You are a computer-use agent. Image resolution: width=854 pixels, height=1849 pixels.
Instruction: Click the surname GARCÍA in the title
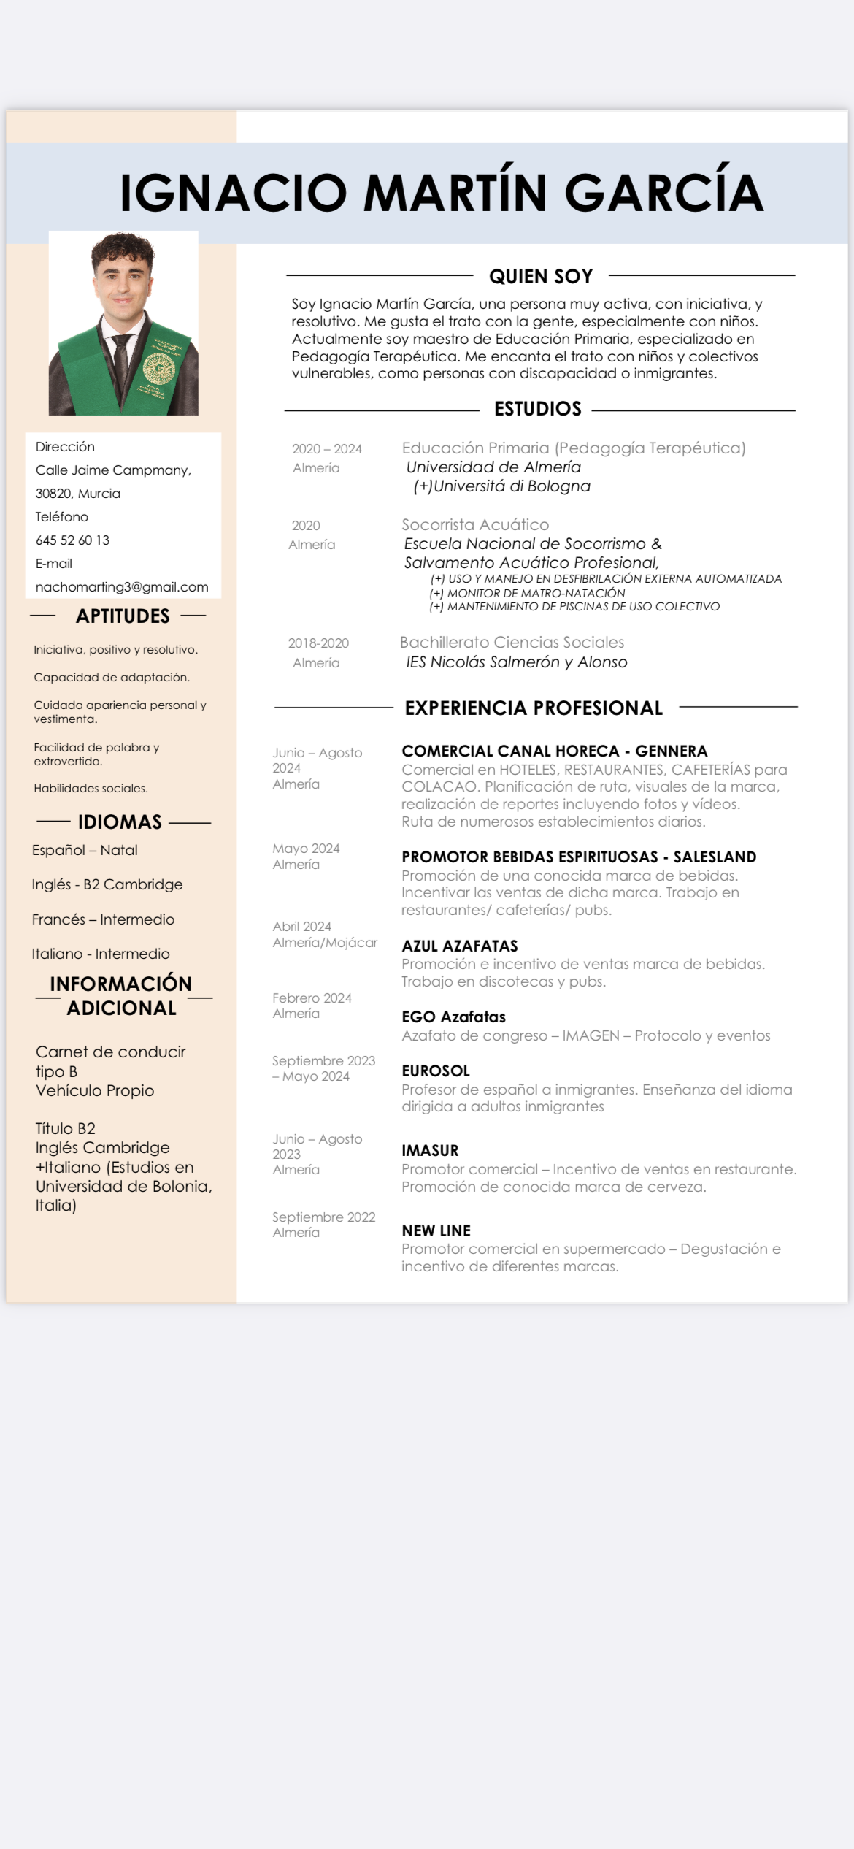(x=663, y=193)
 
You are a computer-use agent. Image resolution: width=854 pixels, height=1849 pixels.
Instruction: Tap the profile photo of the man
(x=123, y=323)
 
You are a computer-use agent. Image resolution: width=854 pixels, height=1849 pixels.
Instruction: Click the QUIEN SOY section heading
(x=541, y=277)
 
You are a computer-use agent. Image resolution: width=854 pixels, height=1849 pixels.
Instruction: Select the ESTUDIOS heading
(x=538, y=409)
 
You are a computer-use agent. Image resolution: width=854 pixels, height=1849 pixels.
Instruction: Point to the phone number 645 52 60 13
(x=72, y=540)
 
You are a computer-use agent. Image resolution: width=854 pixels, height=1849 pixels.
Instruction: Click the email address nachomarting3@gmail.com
(x=122, y=587)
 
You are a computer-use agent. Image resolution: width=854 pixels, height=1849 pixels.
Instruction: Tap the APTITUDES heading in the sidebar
(x=123, y=616)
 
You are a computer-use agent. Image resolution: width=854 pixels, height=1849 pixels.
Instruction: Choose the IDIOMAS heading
(x=120, y=822)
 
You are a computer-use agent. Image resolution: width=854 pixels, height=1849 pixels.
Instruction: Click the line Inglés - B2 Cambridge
(x=107, y=884)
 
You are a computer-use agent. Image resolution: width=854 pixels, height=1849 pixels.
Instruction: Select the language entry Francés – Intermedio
(x=103, y=919)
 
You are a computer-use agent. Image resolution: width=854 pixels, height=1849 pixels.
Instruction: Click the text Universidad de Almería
(x=493, y=467)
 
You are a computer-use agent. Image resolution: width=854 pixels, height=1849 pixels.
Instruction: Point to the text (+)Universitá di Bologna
(x=501, y=486)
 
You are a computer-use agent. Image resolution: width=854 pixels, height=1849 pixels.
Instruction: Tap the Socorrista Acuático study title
(x=475, y=525)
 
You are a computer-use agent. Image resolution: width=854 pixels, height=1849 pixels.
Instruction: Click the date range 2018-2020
(x=318, y=643)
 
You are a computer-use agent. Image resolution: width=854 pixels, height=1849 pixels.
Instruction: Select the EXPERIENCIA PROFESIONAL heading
(x=534, y=708)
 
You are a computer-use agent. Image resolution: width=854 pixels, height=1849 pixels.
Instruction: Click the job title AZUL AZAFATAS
(x=460, y=946)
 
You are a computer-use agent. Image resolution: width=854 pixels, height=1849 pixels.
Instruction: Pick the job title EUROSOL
(x=436, y=1071)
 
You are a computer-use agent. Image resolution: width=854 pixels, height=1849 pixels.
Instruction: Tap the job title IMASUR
(x=430, y=1151)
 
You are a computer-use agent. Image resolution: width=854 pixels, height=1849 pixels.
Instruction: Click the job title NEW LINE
(x=436, y=1231)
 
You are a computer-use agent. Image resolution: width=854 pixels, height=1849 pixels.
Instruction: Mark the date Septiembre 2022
(x=323, y=1217)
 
